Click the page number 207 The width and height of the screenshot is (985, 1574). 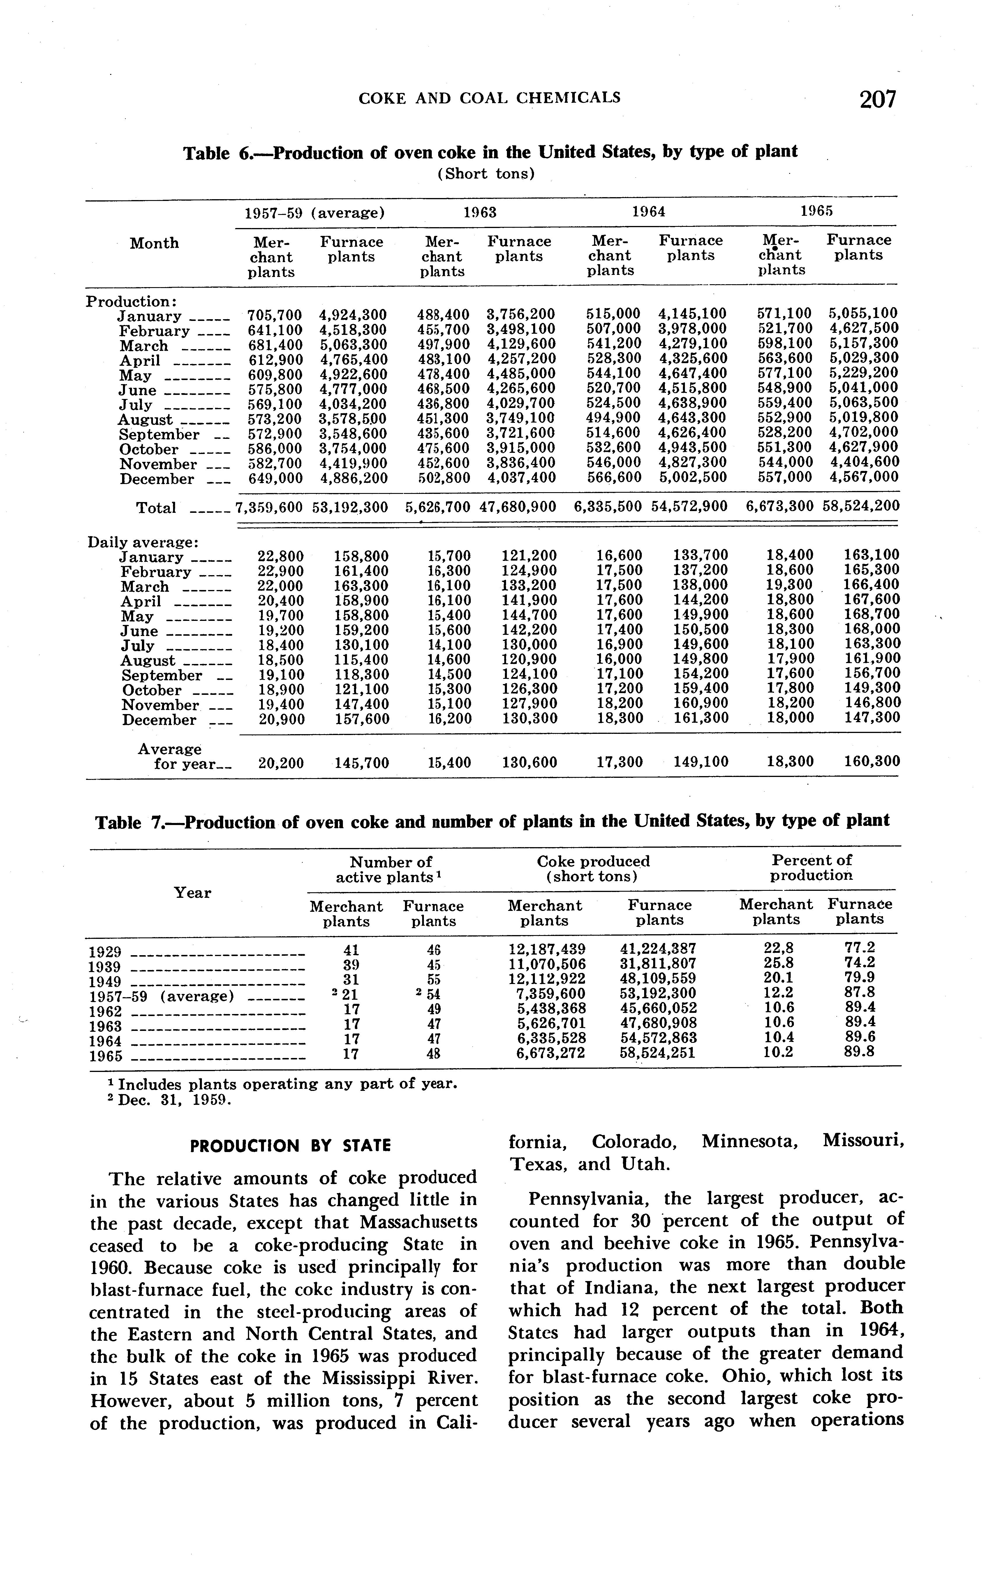tap(877, 100)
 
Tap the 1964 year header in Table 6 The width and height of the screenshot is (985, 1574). tap(649, 212)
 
